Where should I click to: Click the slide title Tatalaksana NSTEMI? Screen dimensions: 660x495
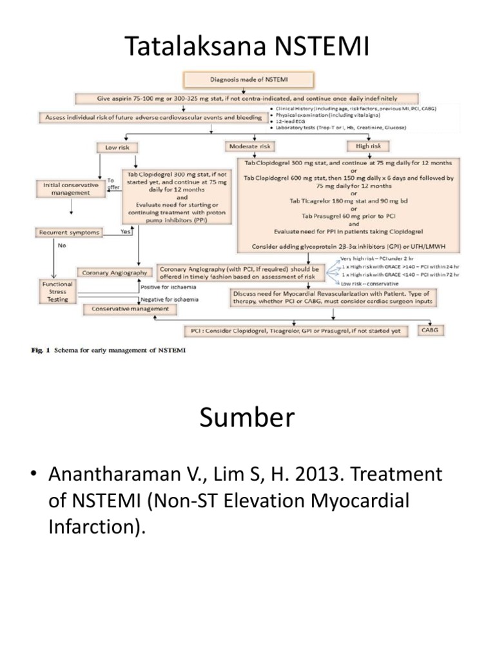tap(247, 46)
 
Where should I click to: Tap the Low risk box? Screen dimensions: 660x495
tap(117, 148)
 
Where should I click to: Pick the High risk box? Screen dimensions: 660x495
tap(365, 146)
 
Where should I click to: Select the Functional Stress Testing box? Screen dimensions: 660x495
tap(58, 291)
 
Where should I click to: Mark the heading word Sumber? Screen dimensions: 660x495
tap(247, 419)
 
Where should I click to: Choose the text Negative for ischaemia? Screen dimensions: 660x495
tap(170, 300)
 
